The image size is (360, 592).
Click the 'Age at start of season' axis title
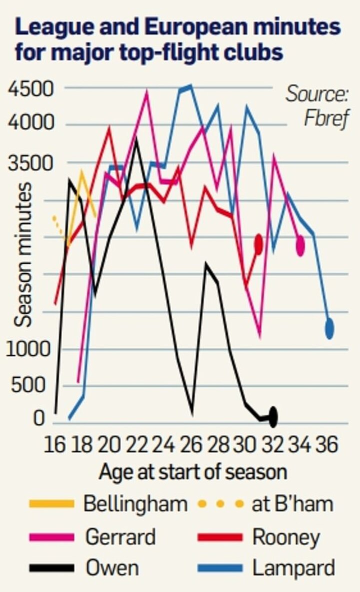pos(193,472)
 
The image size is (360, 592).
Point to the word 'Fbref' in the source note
pos(326,120)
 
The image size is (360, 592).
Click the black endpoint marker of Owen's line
pos(273,417)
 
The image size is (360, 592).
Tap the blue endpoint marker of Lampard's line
pos(329,329)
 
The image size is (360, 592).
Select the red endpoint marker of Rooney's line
pos(258,244)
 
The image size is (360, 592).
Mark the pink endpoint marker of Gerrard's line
pos(300,245)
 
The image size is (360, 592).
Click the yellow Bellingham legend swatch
pos(51,503)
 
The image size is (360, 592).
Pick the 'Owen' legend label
pos(112,568)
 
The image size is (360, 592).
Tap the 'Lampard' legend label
pos(293,568)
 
